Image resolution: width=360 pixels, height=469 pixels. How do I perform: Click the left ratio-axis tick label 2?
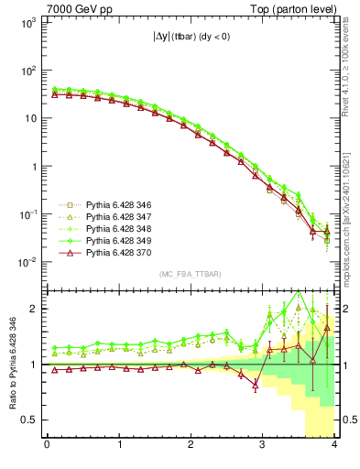pyautogui.click(x=35, y=309)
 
